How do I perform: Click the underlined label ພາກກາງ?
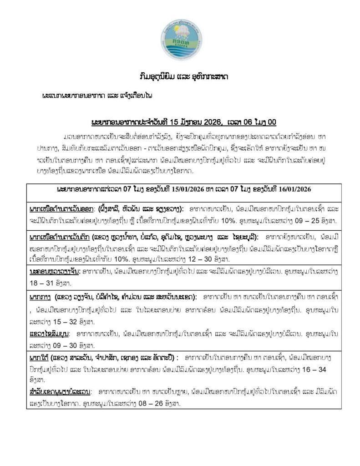(39, 296)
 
